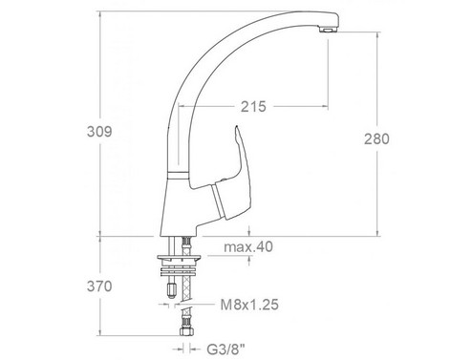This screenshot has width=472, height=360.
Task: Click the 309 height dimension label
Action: tap(99, 132)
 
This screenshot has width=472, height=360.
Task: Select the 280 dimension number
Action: tap(376, 139)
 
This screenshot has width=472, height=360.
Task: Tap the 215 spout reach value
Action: tap(253, 107)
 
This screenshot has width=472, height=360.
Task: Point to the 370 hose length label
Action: tap(99, 286)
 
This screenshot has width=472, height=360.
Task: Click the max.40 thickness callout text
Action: tap(248, 246)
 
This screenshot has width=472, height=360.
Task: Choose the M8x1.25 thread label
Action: tap(249, 305)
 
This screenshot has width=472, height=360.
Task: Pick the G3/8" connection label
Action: tap(226, 349)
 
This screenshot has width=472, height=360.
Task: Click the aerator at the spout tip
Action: tap(328, 31)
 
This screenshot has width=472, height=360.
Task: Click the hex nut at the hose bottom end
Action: tap(186, 331)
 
